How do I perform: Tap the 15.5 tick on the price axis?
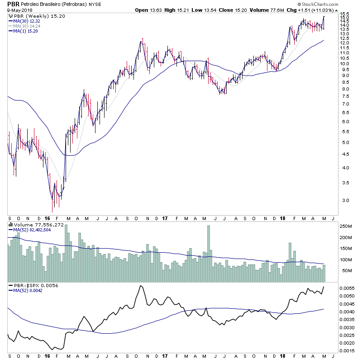pos(345,15)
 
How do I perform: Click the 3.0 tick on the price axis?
pos(345,200)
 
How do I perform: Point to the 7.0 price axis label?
pos(345,104)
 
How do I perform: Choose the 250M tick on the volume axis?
pos(347,226)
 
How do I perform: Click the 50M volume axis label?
pos(347,271)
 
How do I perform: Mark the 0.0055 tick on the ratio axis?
pos(348,288)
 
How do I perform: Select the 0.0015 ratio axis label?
pos(348,351)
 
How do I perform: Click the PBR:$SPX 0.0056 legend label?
pos(30,285)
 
